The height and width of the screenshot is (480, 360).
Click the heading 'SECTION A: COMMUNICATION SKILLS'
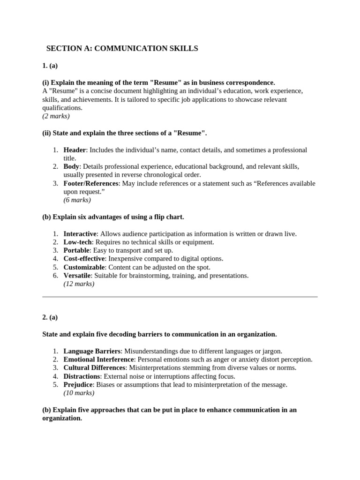122,49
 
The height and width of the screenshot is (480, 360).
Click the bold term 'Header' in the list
75,150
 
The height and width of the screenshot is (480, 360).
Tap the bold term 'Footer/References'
91,183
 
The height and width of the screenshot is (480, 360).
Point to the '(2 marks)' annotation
56,116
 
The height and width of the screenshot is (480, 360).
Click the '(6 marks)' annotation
77,200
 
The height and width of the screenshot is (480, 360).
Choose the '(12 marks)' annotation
79,284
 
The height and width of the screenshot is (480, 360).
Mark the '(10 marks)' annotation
79,393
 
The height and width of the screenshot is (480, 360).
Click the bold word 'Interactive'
80,233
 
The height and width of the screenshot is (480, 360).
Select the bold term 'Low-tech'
77,242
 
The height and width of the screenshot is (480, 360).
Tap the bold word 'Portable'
76,250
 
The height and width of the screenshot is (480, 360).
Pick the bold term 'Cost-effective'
84,259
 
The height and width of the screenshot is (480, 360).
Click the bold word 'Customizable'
84,267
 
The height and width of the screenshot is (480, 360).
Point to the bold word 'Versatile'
77,276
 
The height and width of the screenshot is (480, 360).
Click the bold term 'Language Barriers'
92,351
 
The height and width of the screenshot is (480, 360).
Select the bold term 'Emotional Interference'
98,360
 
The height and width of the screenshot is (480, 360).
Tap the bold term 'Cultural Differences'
94,368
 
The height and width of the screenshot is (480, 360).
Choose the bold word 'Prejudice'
78,385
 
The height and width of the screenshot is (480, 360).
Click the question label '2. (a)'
50,317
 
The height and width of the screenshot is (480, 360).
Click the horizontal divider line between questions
180,297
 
